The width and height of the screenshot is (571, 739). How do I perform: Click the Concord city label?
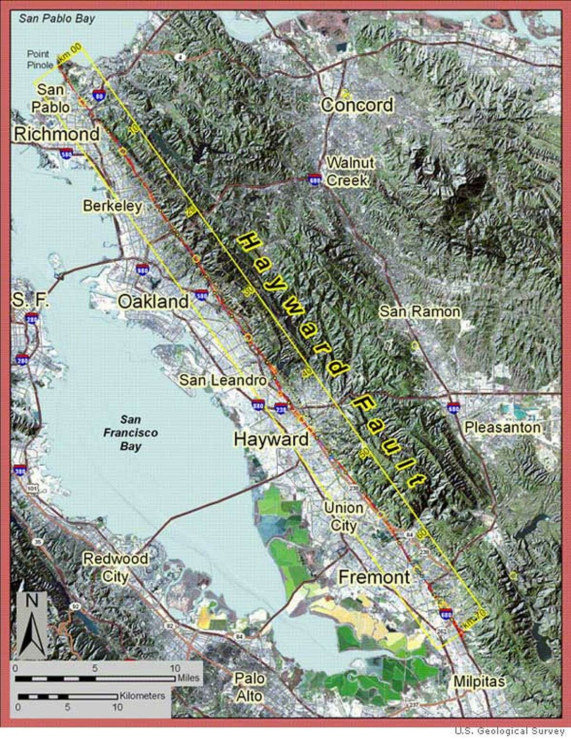tap(357, 105)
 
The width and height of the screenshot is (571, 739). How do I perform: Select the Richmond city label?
tap(57, 134)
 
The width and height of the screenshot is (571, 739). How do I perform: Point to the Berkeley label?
tap(112, 206)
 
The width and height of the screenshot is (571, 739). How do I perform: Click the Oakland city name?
tap(153, 301)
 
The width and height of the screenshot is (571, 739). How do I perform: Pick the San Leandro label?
tap(223, 380)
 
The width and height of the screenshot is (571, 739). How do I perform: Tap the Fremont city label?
tap(374, 577)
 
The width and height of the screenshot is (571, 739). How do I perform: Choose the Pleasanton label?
tap(502, 427)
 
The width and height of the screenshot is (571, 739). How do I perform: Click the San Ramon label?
tap(420, 312)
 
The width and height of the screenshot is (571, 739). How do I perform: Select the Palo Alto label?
tap(249, 687)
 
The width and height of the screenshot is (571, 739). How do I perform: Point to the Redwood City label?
tap(116, 567)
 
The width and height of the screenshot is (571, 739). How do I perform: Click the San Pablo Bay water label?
tap(57, 19)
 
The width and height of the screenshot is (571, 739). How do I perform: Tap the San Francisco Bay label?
tap(130, 433)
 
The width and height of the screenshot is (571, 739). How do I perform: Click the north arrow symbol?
tap(32, 625)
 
